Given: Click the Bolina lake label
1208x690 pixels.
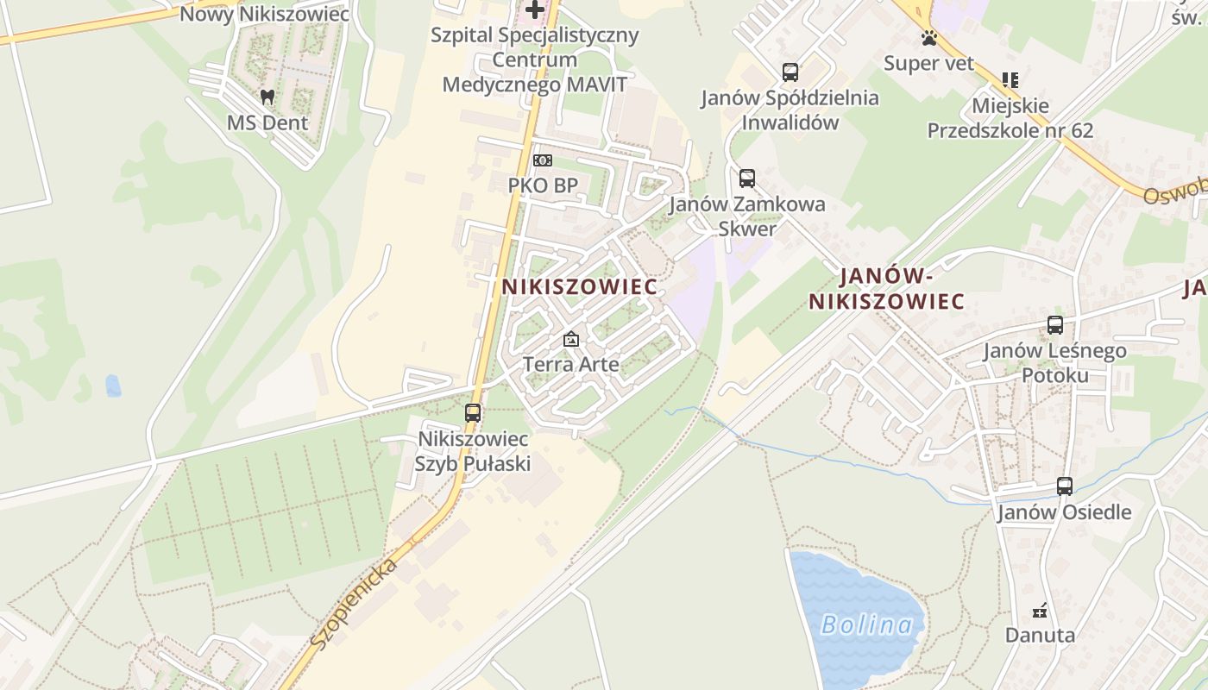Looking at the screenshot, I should click(x=866, y=624).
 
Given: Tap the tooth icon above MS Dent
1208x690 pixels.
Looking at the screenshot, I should click(x=267, y=97).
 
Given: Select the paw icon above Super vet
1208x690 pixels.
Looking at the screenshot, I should click(x=928, y=38).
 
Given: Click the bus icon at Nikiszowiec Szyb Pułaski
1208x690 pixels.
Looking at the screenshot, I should click(x=473, y=413).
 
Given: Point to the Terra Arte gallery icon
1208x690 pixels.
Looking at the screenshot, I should click(x=570, y=339).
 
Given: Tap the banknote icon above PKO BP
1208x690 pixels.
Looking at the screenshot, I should click(x=543, y=160).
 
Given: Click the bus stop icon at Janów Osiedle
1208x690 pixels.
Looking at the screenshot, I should click(x=1065, y=486).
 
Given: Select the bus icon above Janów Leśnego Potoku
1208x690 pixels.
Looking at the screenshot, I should click(x=1054, y=325).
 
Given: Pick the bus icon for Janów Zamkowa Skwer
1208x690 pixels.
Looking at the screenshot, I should click(x=747, y=179).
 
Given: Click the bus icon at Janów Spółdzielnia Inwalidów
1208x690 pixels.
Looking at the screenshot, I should click(x=790, y=72).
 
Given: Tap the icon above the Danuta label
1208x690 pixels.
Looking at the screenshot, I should click(x=1040, y=611).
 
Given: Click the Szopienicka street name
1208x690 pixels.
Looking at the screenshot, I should click(x=354, y=603).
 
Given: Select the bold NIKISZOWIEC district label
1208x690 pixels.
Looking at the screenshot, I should click(x=579, y=286).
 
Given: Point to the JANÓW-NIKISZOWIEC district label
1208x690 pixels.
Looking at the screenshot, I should click(x=886, y=289).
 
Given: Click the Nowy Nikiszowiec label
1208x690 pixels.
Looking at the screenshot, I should click(x=264, y=14).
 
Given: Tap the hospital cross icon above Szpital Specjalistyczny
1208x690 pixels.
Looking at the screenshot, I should click(x=535, y=10).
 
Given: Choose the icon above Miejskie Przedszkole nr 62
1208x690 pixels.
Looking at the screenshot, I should click(x=1010, y=80).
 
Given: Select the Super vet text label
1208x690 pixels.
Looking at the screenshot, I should click(x=928, y=63).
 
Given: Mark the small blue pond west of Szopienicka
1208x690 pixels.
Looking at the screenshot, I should click(x=113, y=386).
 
